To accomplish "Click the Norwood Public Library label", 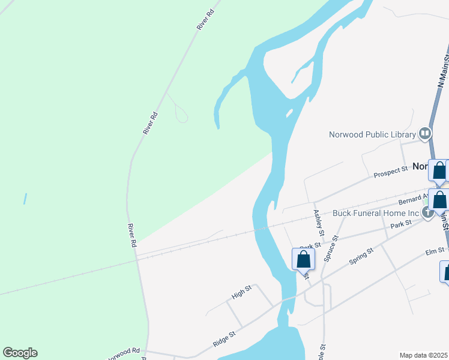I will coord(372,134).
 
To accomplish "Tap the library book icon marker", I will coord(426,133).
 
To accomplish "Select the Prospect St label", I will coord(390,173).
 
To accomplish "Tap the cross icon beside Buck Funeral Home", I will coord(428,212).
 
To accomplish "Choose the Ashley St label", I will coord(319,222).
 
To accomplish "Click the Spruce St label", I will coord(331,248).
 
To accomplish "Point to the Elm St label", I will coord(436,250).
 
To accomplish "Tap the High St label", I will coord(241,293).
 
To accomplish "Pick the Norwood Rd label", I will coord(123,352).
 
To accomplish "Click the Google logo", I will coord(20,353).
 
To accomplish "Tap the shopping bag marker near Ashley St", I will coord(303,259).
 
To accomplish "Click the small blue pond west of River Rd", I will coord(25,198).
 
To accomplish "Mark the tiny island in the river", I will coord(289,113).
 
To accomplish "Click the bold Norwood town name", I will coord(420,166).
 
